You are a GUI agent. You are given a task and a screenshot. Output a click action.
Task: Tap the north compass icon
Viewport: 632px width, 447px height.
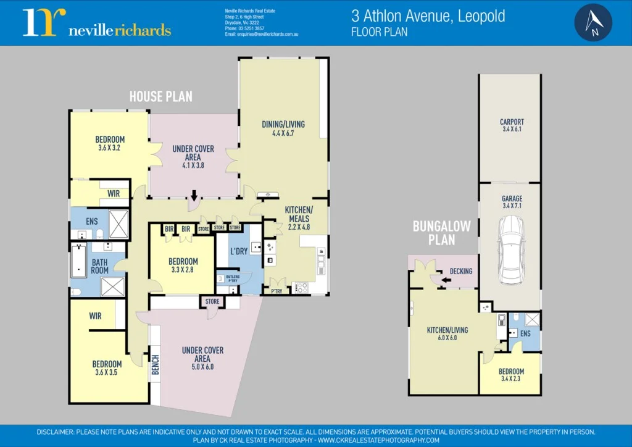coord(593,22)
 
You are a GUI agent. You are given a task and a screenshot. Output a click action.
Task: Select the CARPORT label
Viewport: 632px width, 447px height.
coord(512,125)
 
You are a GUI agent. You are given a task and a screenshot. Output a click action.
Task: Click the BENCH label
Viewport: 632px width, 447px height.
coord(156,364)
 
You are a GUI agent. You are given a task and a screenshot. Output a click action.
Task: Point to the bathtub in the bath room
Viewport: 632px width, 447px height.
coord(78,262)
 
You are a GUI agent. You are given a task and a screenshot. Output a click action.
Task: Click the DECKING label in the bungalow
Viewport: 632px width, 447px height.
coord(460,271)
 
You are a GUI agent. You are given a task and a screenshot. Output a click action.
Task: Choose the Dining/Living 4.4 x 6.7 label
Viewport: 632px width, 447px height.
coord(283,128)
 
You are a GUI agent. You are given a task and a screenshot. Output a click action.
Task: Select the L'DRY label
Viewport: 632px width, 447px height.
coord(239,251)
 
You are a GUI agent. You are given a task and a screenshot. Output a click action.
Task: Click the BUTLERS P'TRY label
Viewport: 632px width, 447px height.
coord(233,278)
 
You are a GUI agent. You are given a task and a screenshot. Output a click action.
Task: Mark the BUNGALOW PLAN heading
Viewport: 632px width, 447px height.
coord(442,232)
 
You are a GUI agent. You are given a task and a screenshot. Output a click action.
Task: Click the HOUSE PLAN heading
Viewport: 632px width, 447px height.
coord(160,96)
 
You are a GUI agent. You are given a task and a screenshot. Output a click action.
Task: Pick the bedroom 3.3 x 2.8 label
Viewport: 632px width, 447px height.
coord(183,265)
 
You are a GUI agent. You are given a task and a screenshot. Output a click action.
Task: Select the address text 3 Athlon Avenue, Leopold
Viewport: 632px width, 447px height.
coord(428,16)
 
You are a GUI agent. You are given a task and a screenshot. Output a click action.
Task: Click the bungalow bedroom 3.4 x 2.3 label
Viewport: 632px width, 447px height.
coord(511,375)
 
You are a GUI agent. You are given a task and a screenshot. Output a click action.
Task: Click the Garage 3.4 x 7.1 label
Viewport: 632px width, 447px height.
coord(512,202)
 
